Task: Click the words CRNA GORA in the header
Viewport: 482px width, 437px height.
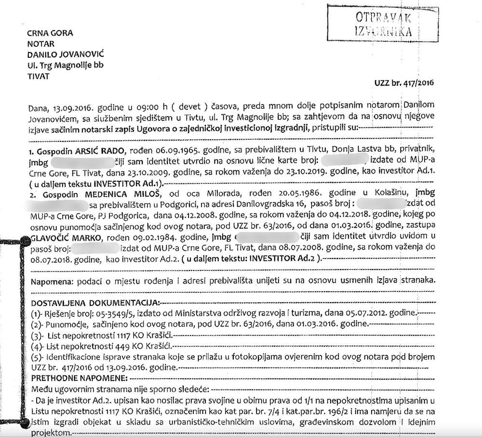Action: coord(49,34)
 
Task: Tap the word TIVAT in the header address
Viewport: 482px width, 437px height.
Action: coord(38,76)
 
